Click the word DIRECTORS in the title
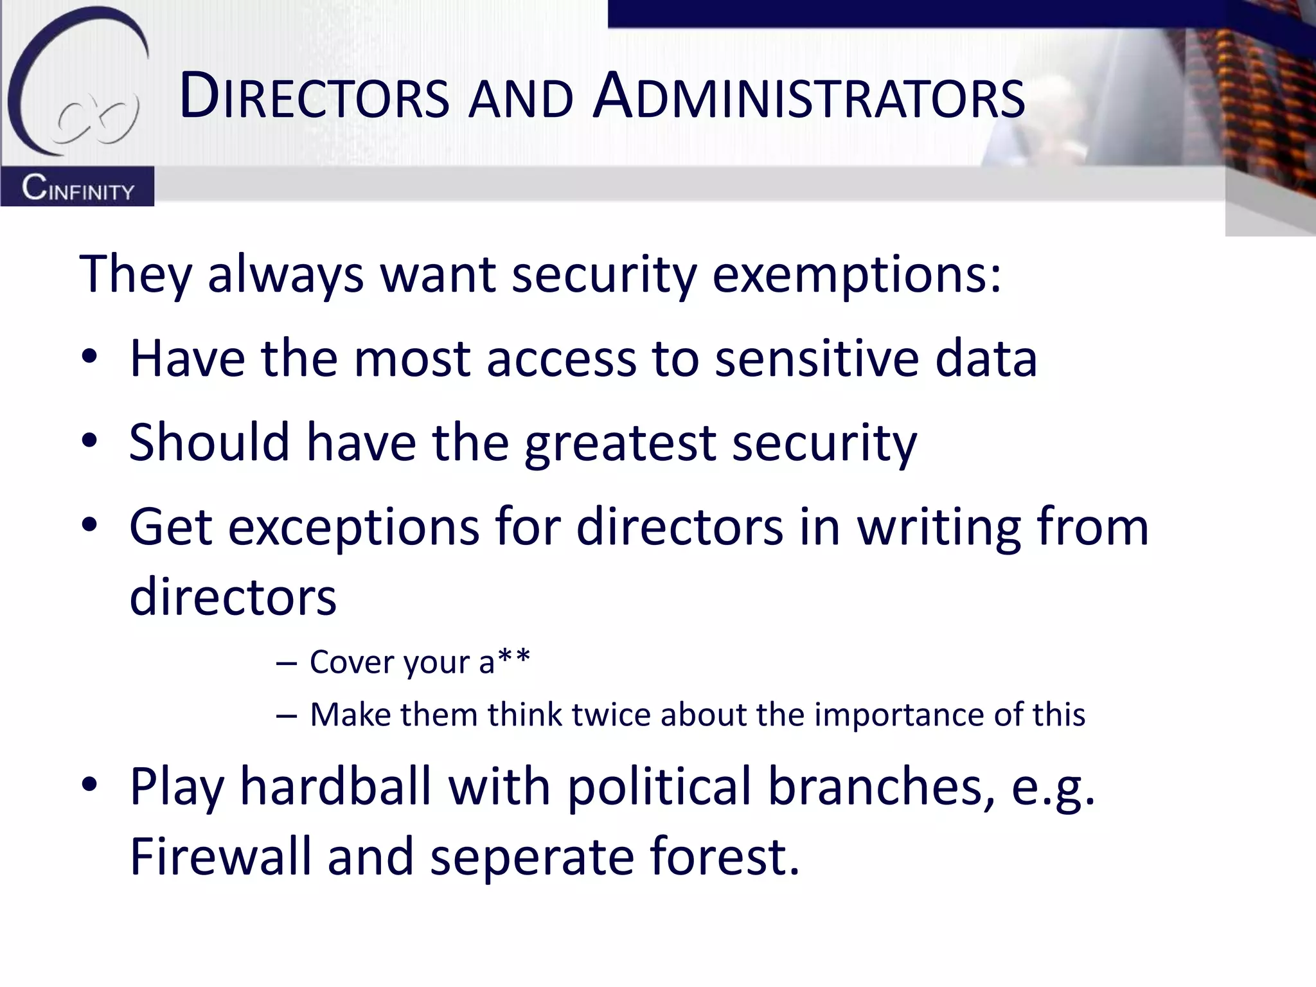(314, 98)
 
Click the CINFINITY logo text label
(78, 189)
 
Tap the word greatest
(620, 443)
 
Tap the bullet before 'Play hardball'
(89, 784)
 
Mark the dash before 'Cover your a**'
(286, 662)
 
